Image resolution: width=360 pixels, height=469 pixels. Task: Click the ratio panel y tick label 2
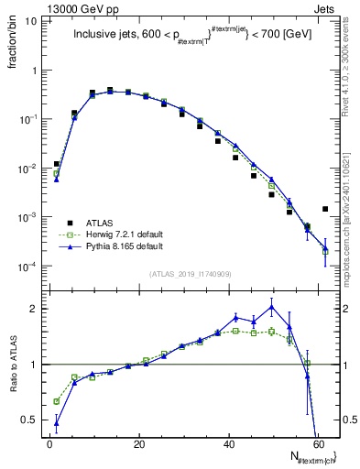pos(34,309)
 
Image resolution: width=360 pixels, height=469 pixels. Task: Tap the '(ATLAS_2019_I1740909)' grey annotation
pos(190,274)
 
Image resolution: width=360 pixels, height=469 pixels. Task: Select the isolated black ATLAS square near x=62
pos(325,209)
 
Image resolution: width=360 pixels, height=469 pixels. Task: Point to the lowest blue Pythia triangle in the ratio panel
pos(57,422)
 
